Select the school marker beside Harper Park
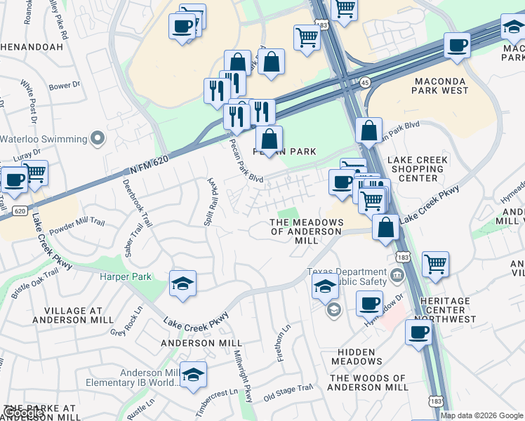(183, 284)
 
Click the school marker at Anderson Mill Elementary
(193, 375)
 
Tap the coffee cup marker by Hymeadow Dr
(369, 304)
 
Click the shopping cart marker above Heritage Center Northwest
(436, 265)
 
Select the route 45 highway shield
(364, 82)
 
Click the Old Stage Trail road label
(288, 392)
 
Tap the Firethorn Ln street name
(286, 340)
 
